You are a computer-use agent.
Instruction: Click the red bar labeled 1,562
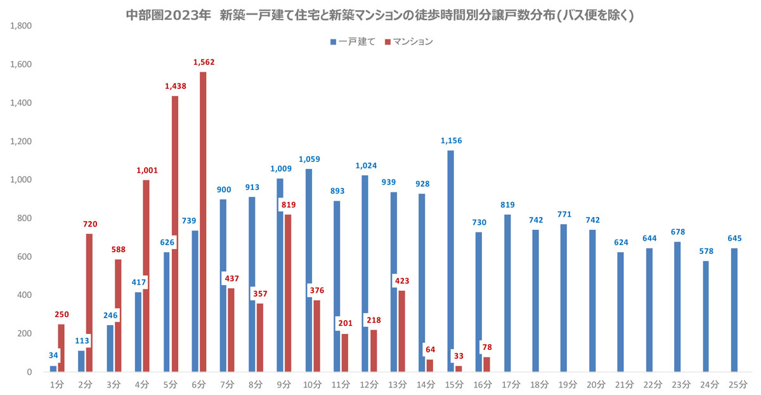[203, 222]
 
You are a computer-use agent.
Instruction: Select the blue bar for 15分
[450, 260]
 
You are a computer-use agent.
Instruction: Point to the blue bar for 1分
[53, 369]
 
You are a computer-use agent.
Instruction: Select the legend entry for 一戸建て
[352, 41]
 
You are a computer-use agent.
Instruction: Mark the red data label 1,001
[146, 170]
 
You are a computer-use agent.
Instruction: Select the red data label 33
[457, 356]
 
